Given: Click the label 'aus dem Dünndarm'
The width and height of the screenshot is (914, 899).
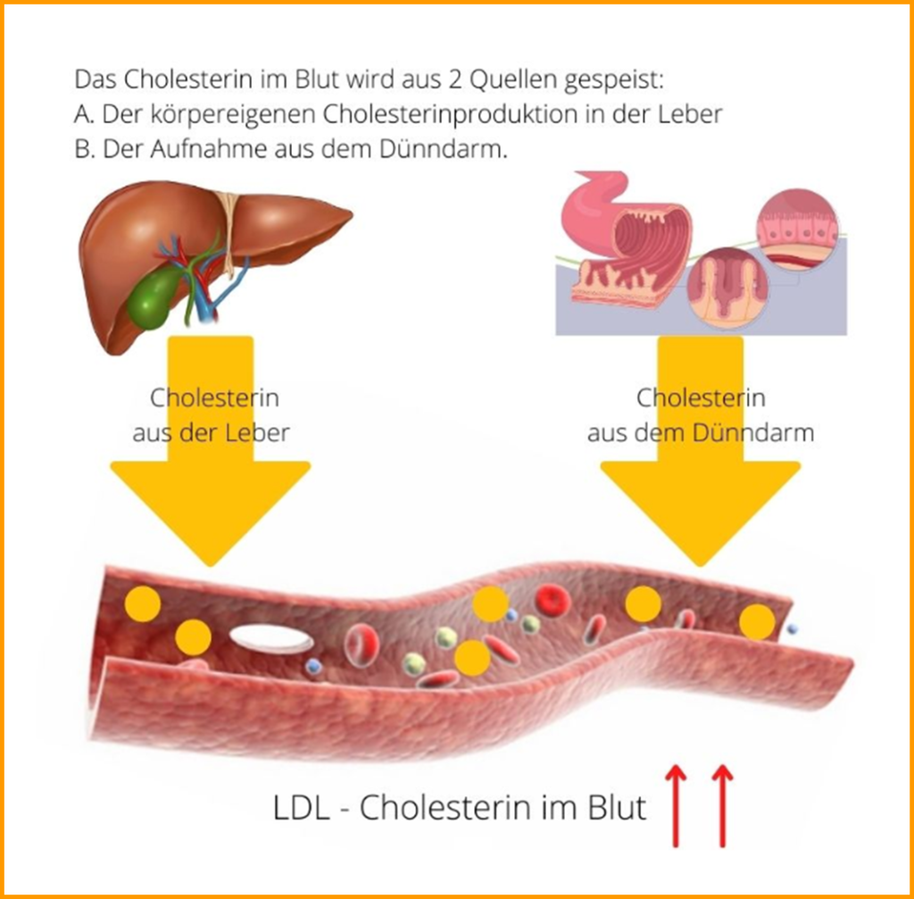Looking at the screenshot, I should [x=700, y=433].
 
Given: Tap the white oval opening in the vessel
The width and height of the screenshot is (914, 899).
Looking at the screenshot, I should [x=271, y=638].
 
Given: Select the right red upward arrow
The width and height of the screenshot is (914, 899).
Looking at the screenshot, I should [x=722, y=803].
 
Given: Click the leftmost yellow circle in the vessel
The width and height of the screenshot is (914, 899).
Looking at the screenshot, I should [x=143, y=604].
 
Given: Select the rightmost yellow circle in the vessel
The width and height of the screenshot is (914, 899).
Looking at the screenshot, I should [x=757, y=621].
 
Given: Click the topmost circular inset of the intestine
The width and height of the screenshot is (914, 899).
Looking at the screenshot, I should [x=797, y=229].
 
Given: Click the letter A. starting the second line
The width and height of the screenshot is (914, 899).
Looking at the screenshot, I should [x=85, y=114].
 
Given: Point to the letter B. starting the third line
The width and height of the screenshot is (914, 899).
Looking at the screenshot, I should [x=85, y=149].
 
